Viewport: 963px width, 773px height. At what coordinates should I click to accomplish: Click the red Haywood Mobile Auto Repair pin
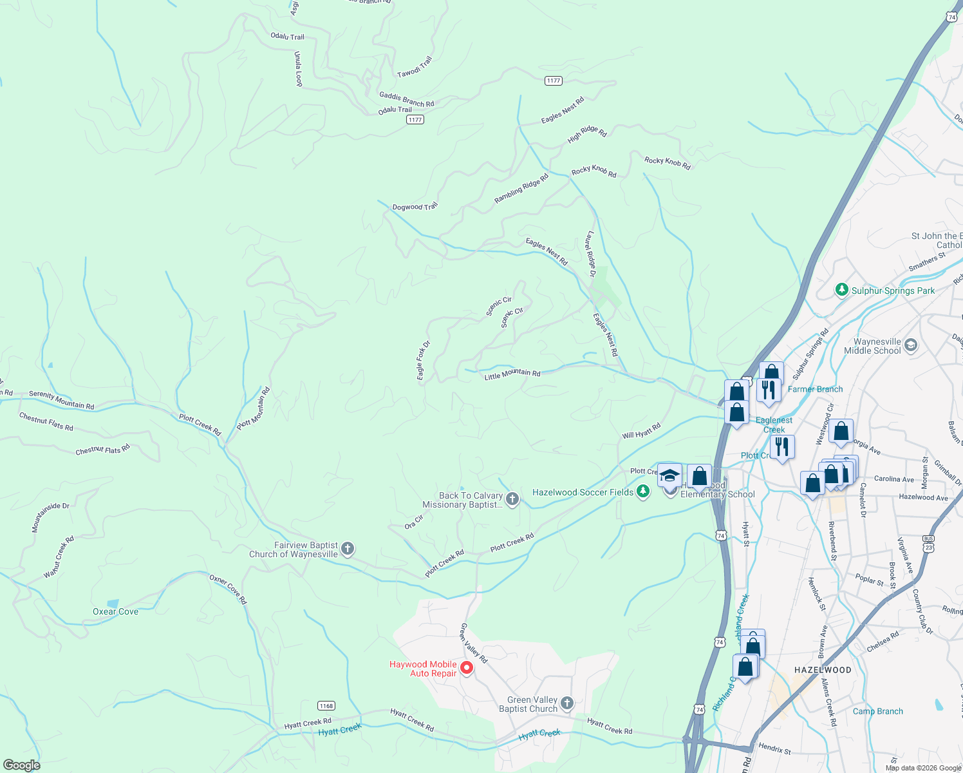tap(467, 668)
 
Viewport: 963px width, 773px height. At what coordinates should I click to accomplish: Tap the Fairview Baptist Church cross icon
tap(348, 549)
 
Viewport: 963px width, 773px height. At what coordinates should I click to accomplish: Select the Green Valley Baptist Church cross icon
tap(566, 703)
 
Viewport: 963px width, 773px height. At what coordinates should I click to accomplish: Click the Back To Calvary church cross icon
tap(512, 499)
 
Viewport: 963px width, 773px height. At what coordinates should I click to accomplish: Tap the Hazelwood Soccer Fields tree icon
tap(642, 492)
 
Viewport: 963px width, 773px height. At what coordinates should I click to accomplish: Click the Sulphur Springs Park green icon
tap(841, 290)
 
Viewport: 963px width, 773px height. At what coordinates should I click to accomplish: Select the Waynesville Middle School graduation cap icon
tap(910, 345)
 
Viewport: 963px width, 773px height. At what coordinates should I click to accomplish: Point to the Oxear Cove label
tap(116, 611)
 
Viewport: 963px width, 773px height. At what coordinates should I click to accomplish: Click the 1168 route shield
tap(326, 706)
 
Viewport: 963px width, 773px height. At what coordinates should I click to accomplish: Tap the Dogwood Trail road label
tap(415, 207)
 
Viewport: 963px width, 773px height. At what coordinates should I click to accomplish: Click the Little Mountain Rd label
tap(512, 374)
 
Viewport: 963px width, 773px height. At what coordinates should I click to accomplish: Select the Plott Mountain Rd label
tap(254, 408)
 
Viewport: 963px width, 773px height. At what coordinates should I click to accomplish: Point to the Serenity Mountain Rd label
tap(62, 400)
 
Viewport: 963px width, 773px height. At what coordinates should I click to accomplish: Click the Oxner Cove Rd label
tap(228, 589)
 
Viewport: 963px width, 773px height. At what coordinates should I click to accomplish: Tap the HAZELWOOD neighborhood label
tap(823, 670)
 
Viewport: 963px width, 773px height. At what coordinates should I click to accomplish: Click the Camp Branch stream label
tap(877, 711)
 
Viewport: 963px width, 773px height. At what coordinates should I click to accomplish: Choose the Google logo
tap(21, 765)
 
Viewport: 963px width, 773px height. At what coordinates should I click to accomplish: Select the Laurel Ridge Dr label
tap(591, 254)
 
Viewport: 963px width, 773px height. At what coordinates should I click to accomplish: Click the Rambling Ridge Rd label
tap(521, 189)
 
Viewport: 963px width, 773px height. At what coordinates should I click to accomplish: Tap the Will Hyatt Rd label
tap(641, 431)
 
